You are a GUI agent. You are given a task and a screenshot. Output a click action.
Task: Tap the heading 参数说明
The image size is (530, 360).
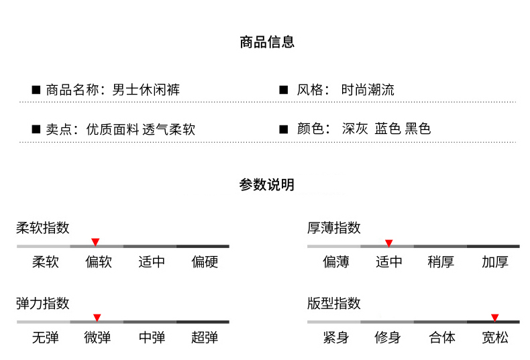(267, 185)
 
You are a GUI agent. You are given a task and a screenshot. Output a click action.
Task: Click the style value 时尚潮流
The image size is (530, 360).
(368, 90)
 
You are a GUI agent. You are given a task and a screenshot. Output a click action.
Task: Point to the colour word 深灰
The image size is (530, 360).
(355, 129)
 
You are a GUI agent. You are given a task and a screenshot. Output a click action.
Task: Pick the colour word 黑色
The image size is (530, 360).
(418, 129)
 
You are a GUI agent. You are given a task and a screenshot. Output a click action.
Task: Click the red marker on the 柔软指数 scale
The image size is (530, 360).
(95, 241)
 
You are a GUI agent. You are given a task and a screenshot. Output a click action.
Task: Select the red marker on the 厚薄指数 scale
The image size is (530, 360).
(388, 243)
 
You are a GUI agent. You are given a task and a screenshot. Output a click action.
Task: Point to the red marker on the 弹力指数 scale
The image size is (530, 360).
(97, 317)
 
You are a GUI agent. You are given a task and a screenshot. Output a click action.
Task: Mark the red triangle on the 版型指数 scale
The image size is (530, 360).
(494, 317)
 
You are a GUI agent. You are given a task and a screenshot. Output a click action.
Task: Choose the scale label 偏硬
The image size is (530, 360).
(205, 262)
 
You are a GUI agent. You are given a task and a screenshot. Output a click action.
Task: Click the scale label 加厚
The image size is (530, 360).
(495, 262)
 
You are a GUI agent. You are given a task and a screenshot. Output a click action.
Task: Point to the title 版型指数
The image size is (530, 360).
(334, 304)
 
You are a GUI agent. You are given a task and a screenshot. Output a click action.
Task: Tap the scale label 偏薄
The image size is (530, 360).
(336, 262)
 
